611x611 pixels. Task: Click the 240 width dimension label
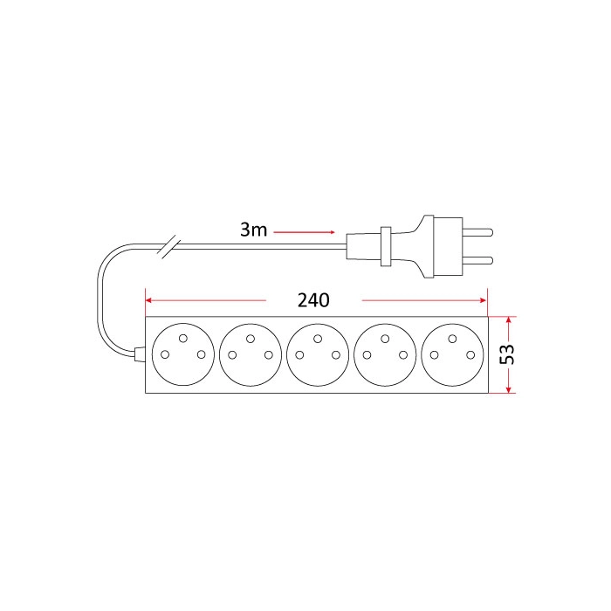pos(313,300)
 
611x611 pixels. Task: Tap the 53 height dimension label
pos(507,354)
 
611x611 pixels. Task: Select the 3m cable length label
pos(253,230)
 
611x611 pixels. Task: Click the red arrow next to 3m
pos(304,232)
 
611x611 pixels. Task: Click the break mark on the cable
pos(168,245)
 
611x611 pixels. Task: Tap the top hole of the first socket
pos(182,339)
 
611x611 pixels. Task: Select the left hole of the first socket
pos(165,354)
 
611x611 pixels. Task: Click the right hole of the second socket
pos(269,355)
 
